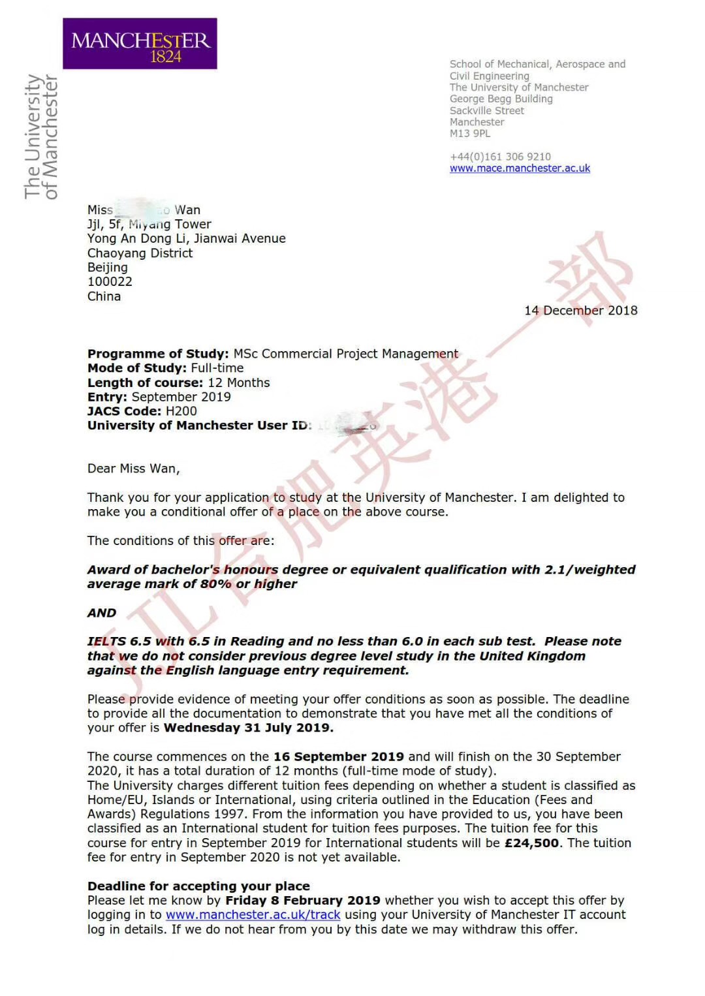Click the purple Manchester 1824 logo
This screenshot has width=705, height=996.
coord(140,44)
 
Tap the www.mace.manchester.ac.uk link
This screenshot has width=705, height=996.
coord(520,168)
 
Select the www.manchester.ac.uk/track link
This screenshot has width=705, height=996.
coord(253,915)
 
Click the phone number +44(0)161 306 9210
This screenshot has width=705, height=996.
coord(500,157)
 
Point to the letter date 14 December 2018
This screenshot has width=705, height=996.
coord(581,311)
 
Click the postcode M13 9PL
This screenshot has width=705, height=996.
coord(470,134)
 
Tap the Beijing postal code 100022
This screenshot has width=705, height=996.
coord(110,282)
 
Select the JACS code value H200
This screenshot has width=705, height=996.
coord(181,411)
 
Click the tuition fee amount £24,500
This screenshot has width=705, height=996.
coord(531,843)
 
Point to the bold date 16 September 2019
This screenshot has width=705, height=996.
coord(338,757)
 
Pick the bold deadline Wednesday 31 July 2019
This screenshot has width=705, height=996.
coord(248,728)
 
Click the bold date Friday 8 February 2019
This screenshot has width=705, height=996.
coord(303,901)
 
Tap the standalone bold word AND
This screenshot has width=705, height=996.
coord(102,614)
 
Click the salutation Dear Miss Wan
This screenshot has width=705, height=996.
coord(133,469)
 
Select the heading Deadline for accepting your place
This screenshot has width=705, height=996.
coord(198,886)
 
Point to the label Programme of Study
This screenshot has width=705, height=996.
coord(158,354)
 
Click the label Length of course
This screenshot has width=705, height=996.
coord(145,383)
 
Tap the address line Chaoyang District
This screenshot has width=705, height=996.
coord(140,253)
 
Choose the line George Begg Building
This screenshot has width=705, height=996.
coord(501,99)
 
